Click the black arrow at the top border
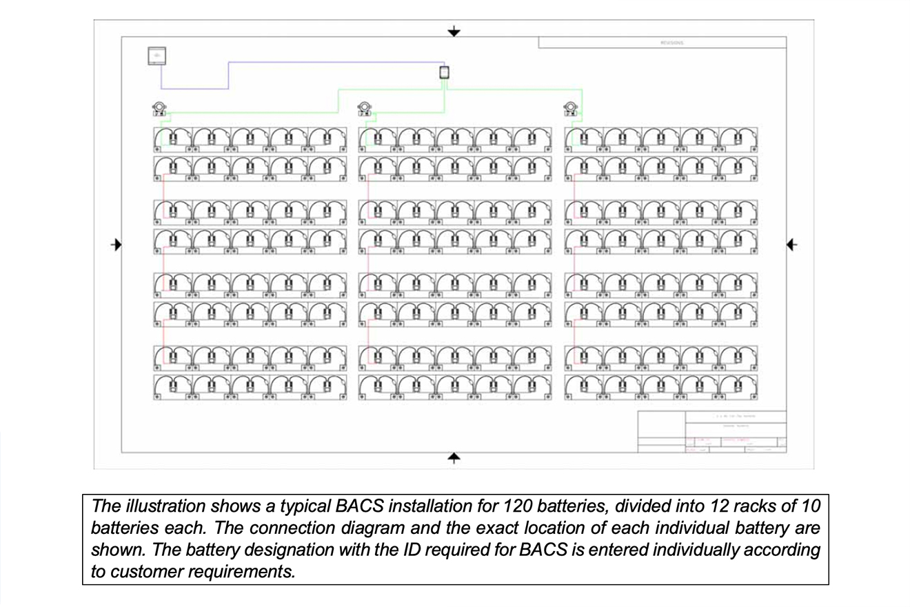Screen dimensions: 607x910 click(453, 31)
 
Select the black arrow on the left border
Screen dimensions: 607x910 click(117, 244)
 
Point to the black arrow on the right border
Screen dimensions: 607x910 click(791, 244)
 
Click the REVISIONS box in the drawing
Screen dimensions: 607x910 click(662, 43)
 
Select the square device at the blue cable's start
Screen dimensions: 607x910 click(157, 56)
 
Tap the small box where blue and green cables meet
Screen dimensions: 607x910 click(445, 72)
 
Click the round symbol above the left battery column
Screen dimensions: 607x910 click(159, 108)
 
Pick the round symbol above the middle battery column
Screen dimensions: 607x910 click(365, 108)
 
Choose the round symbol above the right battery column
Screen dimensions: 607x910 click(569, 108)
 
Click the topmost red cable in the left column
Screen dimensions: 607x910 click(163, 190)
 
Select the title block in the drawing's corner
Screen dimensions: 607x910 click(711, 432)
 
